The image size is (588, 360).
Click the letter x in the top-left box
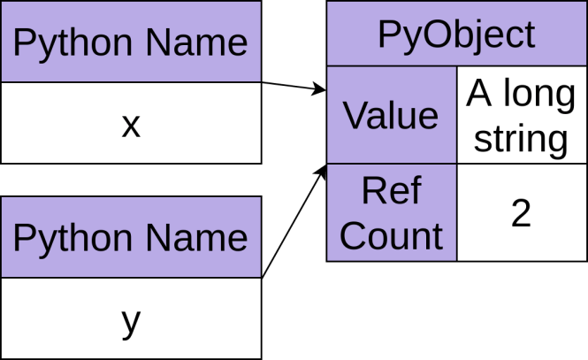131,126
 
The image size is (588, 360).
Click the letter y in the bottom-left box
131,321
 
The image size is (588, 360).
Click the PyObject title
456,34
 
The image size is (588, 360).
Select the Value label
391,115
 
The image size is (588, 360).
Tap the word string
521,138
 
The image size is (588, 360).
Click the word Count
391,236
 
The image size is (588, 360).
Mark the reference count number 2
521,213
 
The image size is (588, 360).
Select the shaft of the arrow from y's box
292,226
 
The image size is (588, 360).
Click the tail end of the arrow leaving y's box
263,278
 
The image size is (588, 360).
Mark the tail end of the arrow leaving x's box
263,82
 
